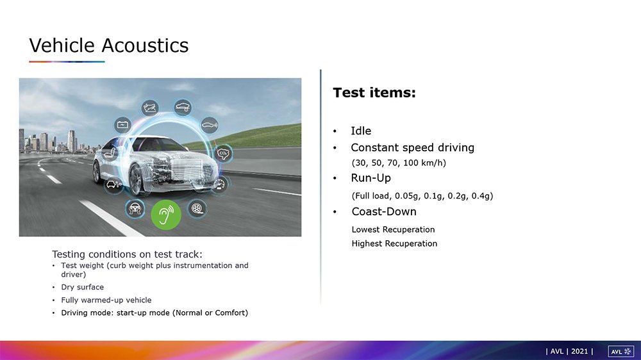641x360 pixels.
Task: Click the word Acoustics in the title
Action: click(145, 45)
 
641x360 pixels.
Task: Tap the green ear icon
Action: click(166, 215)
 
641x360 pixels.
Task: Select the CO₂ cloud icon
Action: click(223, 154)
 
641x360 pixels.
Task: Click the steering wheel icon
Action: click(135, 208)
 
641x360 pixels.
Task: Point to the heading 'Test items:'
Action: click(374, 92)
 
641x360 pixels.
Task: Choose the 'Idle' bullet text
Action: click(361, 131)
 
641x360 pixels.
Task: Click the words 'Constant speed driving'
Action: click(412, 147)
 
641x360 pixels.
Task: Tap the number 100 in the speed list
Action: click(412, 163)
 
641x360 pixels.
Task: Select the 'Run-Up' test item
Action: click(370, 178)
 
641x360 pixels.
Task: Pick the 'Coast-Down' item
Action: click(384, 211)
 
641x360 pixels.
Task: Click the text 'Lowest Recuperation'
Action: click(393, 230)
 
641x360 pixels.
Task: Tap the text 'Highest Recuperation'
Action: click(394, 243)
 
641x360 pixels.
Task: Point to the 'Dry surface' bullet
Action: click(83, 287)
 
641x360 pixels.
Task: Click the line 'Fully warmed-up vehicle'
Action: click(106, 300)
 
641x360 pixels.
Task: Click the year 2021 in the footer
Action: click(579, 352)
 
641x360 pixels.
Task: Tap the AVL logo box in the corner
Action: click(621, 352)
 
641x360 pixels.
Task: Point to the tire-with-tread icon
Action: click(197, 208)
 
